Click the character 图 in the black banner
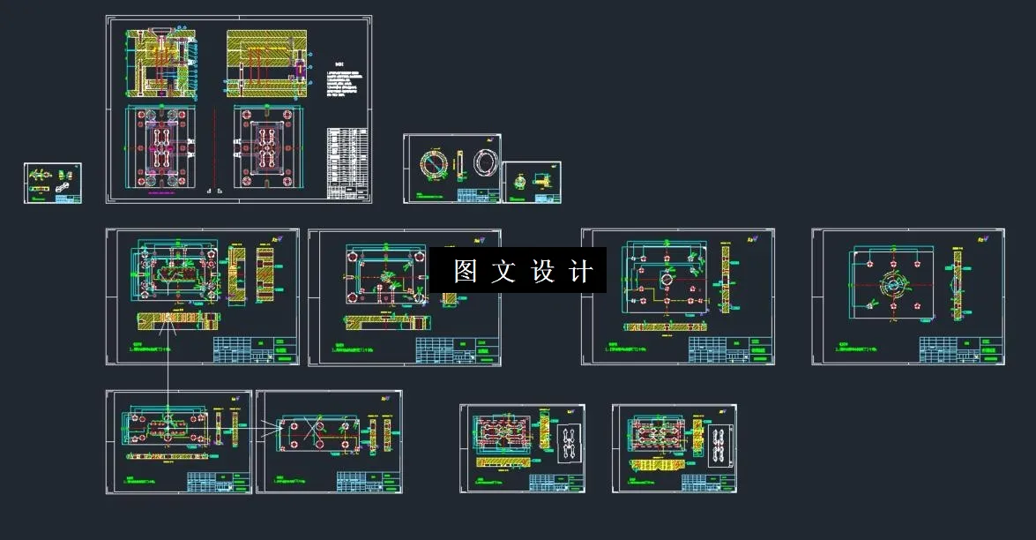(465, 271)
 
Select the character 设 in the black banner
(542, 271)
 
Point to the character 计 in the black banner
(581, 271)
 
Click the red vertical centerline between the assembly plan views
(214, 146)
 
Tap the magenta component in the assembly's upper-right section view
(299, 67)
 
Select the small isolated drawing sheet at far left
(52, 183)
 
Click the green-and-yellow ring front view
(434, 165)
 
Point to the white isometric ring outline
(485, 164)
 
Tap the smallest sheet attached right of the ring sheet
(532, 183)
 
